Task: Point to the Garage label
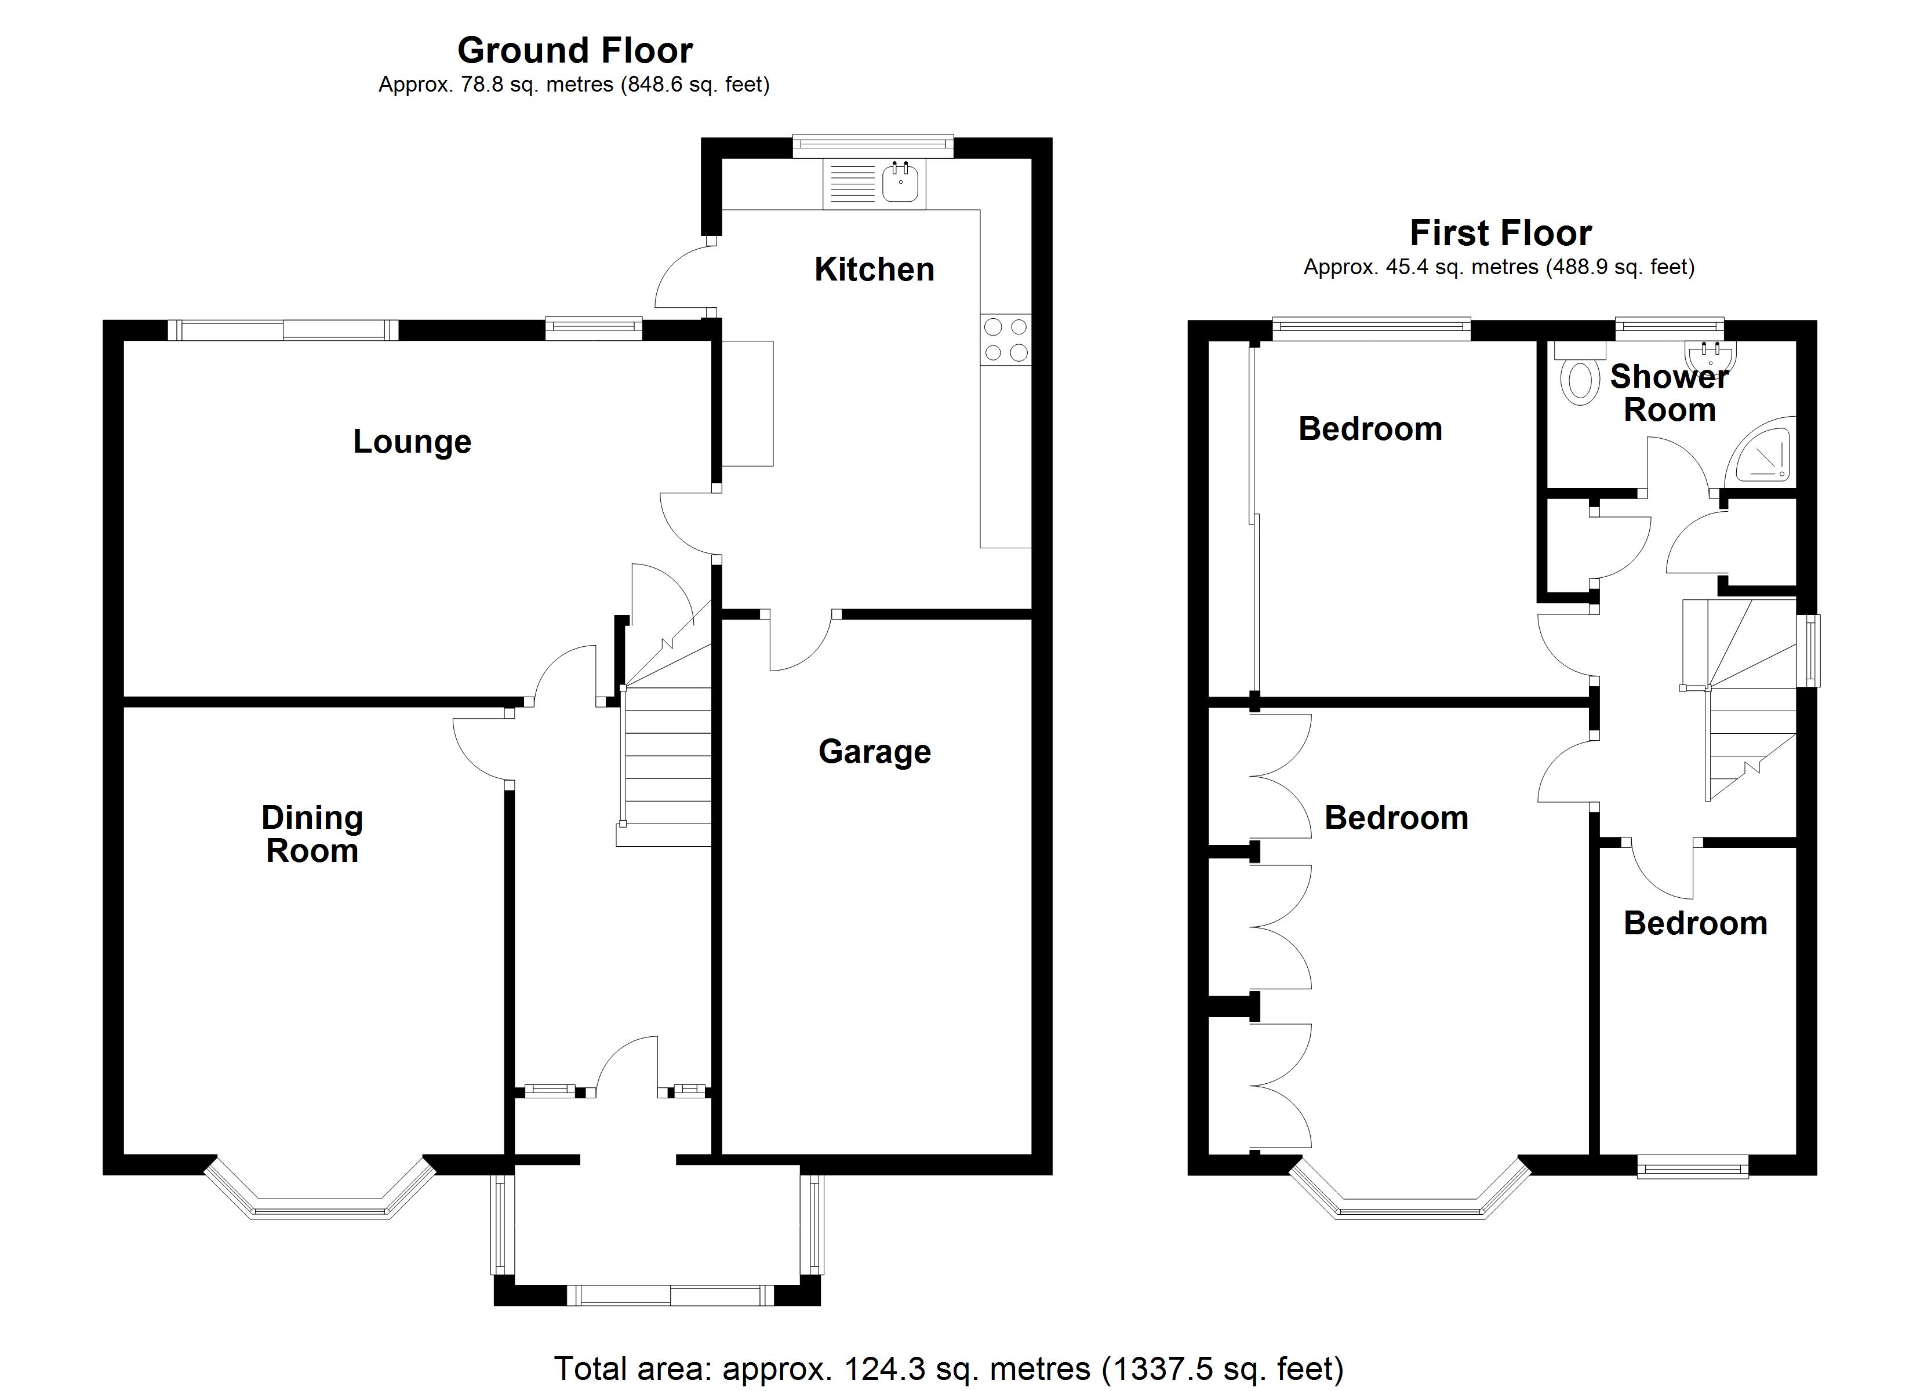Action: coord(874,752)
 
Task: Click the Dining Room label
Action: coord(312,833)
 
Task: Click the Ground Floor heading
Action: coord(574,50)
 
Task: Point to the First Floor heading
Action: coord(1500,233)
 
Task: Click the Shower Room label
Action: coord(1668,393)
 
